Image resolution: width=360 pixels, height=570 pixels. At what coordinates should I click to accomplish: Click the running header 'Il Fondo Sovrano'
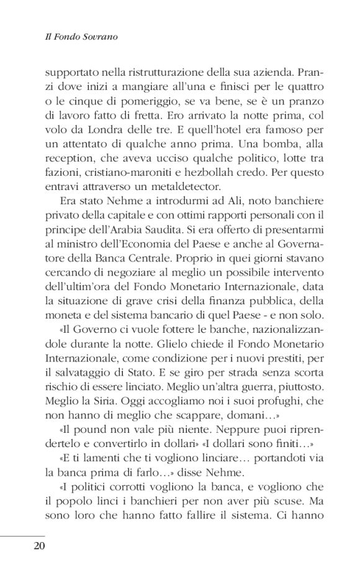tap(82, 37)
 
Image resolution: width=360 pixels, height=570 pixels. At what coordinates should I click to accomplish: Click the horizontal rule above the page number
tap(23, 535)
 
